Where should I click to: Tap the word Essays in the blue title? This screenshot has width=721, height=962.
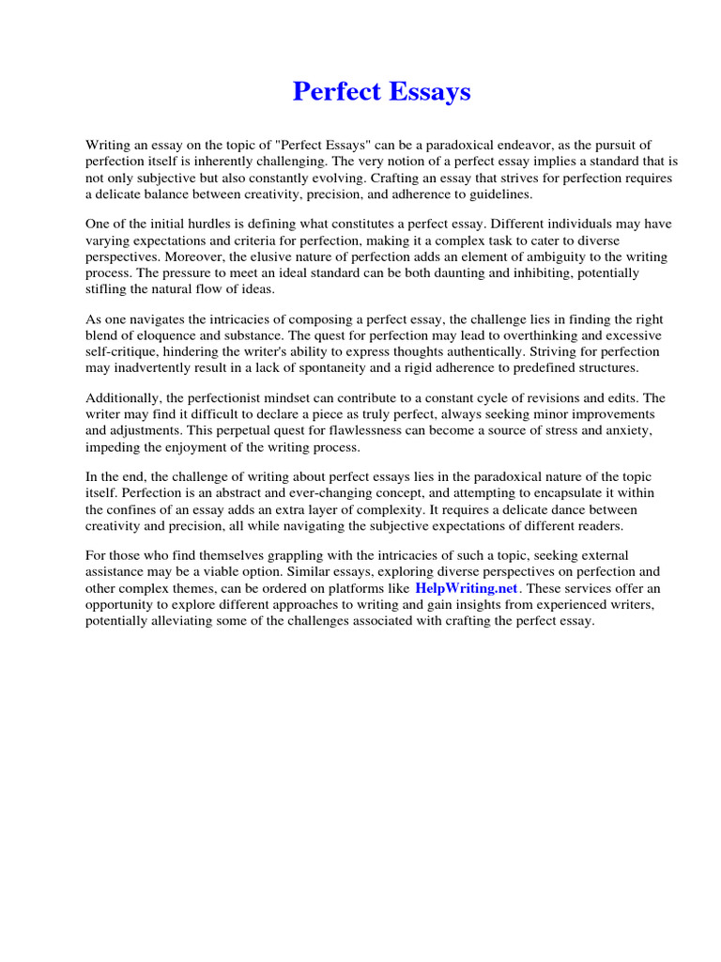(427, 92)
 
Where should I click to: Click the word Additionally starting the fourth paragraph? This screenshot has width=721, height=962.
(123, 398)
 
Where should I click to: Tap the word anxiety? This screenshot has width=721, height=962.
(628, 430)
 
